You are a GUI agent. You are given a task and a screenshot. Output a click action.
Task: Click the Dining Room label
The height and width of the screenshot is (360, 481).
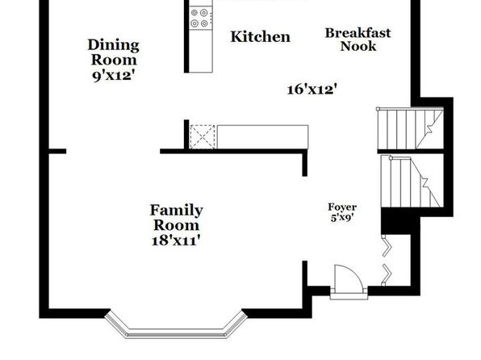tap(114, 52)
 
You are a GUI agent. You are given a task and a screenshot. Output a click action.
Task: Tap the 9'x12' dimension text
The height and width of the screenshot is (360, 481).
tap(114, 76)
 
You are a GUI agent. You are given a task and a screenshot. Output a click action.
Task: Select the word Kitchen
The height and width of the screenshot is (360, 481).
tap(260, 37)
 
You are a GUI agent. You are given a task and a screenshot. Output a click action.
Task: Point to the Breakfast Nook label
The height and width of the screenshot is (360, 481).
tap(358, 40)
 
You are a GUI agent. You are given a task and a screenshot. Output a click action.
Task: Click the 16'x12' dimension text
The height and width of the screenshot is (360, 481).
tap(312, 90)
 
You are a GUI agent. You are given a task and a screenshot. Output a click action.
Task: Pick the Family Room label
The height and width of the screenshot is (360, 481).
tap(177, 218)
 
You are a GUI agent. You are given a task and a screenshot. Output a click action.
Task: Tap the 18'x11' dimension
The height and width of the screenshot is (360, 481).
tap(177, 240)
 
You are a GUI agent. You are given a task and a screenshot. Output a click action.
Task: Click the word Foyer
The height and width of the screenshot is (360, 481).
tap(342, 207)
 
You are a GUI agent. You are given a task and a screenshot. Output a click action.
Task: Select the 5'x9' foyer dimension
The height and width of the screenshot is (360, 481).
tap(342, 218)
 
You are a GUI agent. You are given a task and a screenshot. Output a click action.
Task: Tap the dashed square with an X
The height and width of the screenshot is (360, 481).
tap(203, 137)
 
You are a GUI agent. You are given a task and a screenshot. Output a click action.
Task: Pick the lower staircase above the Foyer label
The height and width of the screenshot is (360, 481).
tap(412, 182)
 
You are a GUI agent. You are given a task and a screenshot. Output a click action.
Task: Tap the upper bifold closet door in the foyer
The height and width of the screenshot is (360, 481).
tap(387, 245)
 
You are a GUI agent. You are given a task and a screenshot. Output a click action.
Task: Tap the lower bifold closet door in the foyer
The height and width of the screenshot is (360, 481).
tap(387, 274)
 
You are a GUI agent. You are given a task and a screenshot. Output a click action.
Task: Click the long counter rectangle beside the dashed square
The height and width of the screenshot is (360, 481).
tap(262, 137)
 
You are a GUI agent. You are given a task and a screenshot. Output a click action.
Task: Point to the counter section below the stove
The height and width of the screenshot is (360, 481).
tap(201, 51)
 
